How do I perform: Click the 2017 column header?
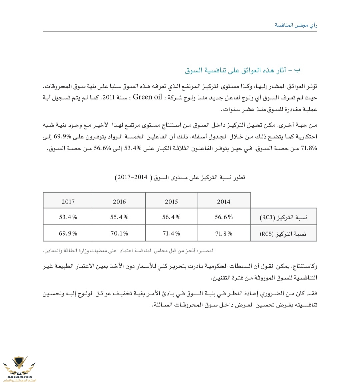[68, 202]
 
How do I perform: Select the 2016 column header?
[119, 202]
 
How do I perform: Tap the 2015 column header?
[171, 202]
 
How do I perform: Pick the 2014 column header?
[223, 202]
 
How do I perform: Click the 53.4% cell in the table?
[68, 217]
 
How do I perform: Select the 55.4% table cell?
[119, 217]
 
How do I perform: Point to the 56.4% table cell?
[171, 217]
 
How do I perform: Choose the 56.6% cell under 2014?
[223, 217]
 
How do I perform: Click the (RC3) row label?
[283, 218]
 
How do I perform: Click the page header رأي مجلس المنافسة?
[296, 25]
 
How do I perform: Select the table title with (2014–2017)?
[180, 177]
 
